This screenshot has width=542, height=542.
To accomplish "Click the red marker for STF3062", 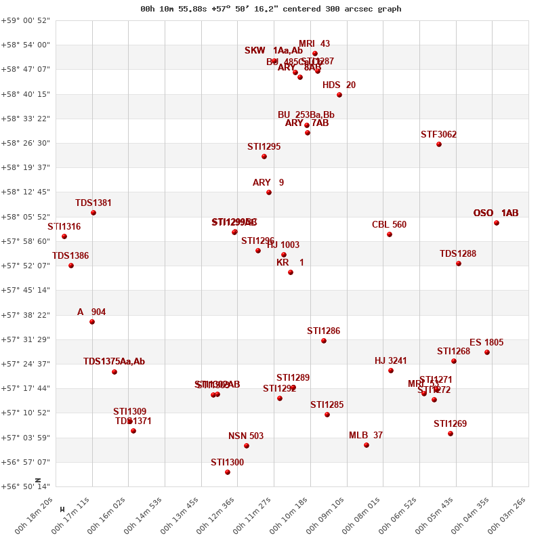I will coord(439,144).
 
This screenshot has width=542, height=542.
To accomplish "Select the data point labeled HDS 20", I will coord(339,95).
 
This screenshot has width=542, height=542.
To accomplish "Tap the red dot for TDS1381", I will coord(93,213).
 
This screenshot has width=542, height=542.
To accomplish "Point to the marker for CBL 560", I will coord(390,234).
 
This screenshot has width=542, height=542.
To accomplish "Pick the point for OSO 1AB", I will coord(497,223).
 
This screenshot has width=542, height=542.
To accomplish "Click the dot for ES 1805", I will coord(487,352).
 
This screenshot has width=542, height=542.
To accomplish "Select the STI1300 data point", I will coord(228,472).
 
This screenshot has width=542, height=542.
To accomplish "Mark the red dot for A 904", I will coord(92,322).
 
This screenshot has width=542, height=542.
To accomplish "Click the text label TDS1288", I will coord(458,254).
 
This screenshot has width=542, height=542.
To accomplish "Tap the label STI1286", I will coord(324,331).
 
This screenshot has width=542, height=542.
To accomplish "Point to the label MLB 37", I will coord(366,436).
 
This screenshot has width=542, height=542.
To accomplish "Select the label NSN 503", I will coord(246,436).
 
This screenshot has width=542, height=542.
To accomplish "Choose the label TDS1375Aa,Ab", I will coord(114,362).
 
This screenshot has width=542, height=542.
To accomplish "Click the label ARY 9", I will coord(268,183).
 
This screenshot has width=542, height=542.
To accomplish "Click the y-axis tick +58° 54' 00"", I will coord(26,45).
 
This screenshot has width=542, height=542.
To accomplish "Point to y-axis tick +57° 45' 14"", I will coord(26,290).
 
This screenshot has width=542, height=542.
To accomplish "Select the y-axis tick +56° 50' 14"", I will coord(26,486).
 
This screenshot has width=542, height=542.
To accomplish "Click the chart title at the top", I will coord(271,9).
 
